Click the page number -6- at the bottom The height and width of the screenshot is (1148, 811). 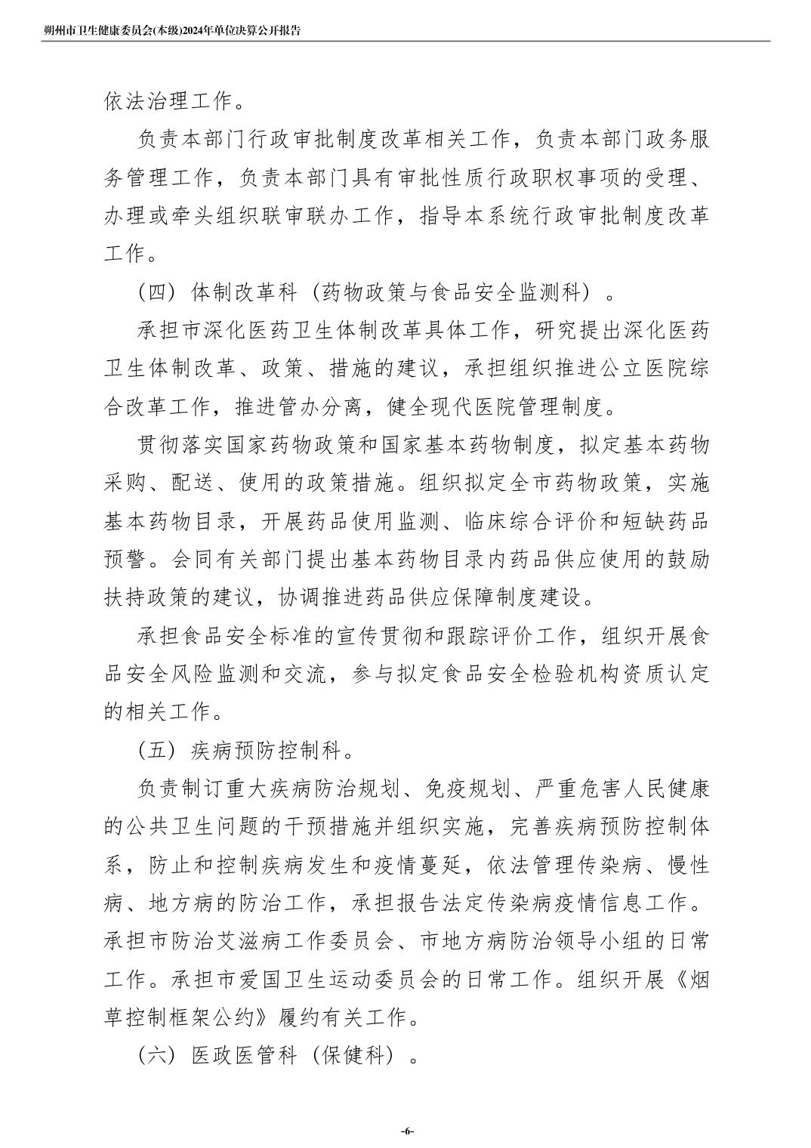[406, 1131]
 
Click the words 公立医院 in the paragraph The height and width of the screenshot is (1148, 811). [635, 369]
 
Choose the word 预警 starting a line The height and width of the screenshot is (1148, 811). [125, 560]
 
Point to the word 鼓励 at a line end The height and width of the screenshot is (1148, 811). [689, 560]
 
